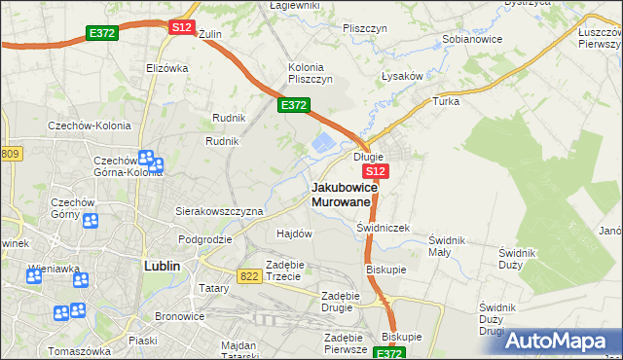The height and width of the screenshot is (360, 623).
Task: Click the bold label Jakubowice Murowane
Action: pyautogui.click(x=341, y=194)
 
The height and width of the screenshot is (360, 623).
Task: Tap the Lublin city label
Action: pyautogui.click(x=164, y=265)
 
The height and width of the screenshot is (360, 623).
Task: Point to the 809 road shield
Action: pyautogui.click(x=11, y=155)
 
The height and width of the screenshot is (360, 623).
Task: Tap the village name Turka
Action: pyautogui.click(x=446, y=100)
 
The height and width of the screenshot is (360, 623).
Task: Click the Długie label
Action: pyautogui.click(x=368, y=156)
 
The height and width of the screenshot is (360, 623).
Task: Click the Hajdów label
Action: pyautogui.click(x=294, y=234)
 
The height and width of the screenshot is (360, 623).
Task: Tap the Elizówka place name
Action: pyautogui.click(x=165, y=68)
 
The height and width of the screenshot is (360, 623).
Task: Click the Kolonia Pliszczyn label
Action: pyautogui.click(x=311, y=73)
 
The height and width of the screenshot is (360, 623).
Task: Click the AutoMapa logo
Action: pyautogui.click(x=560, y=341)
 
